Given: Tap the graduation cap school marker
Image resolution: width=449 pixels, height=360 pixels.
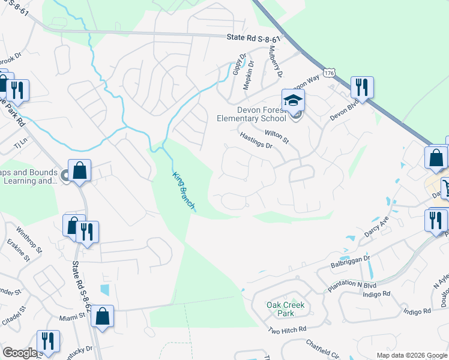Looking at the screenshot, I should click(294, 100).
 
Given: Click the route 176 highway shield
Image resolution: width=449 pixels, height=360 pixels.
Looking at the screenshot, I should click(328, 73).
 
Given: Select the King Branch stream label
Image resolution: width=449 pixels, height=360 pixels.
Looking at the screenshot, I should click(184, 191).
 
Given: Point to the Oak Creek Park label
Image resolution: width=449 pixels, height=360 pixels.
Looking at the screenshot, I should click(285, 309).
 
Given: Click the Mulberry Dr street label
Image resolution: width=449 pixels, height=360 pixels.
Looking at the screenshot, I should click(276, 62).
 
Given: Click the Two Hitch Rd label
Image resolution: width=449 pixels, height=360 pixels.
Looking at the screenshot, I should click(287, 329).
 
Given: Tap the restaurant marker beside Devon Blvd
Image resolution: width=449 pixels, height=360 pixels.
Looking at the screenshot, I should click(362, 88).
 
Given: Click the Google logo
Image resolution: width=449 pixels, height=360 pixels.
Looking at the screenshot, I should click(20, 353).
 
